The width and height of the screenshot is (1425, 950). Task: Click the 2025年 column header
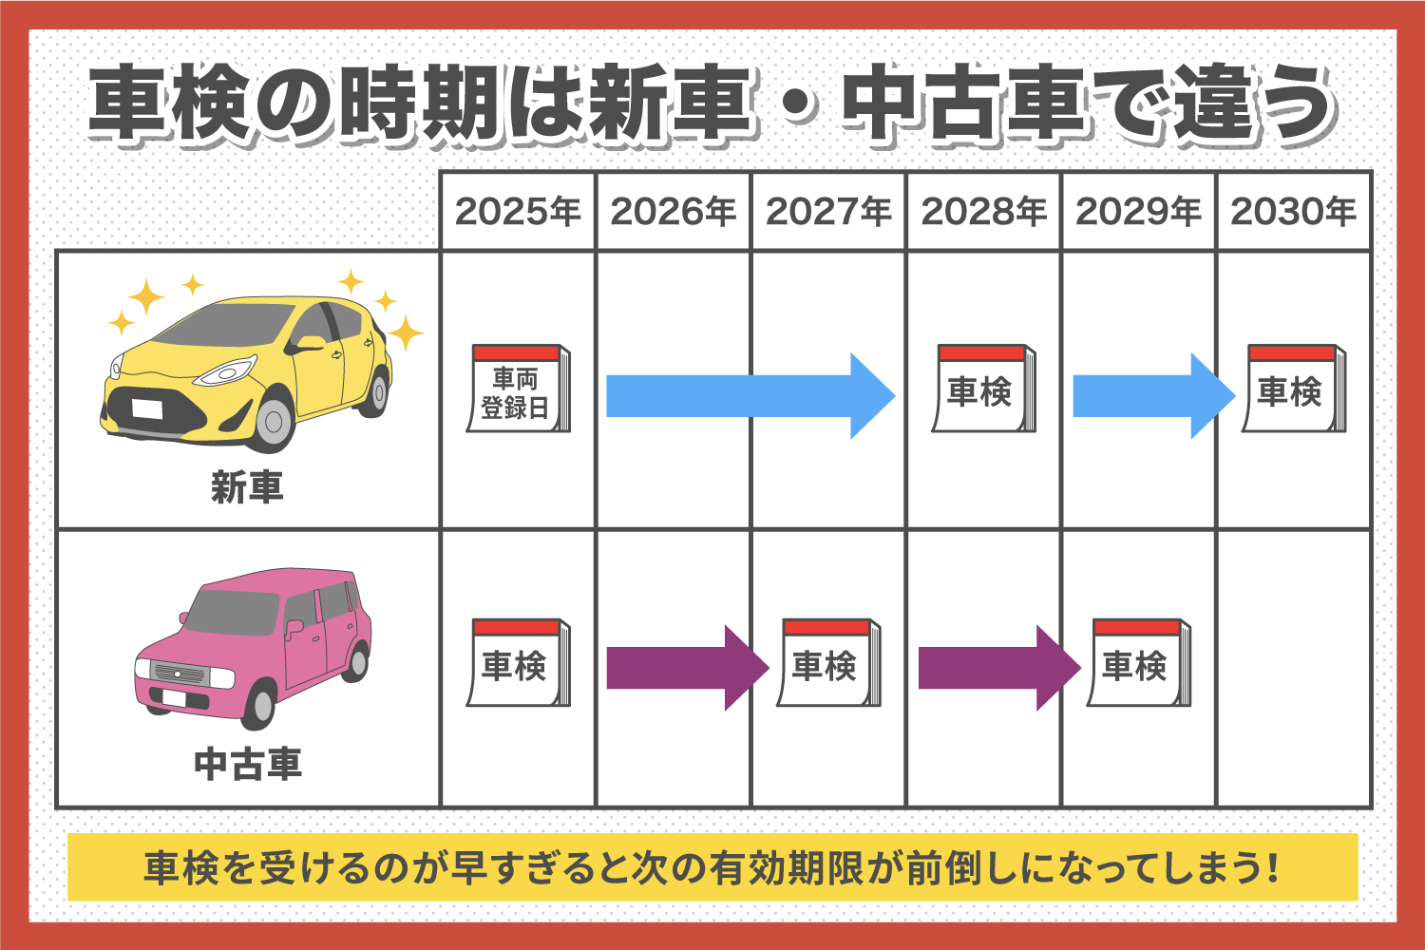[518, 211]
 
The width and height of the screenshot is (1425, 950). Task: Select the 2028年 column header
[983, 211]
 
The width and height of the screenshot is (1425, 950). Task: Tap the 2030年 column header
[1293, 211]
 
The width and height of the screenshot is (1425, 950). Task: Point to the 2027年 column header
[828, 211]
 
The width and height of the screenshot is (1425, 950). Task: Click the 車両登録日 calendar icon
[518, 389]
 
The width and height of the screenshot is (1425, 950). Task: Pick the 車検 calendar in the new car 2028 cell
[982, 389]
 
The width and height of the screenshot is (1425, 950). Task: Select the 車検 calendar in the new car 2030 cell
[1293, 389]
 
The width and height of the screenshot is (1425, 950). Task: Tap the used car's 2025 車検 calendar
[518, 663]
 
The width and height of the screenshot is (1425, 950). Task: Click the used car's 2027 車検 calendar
[828, 663]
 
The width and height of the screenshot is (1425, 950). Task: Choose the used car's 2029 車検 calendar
[1138, 663]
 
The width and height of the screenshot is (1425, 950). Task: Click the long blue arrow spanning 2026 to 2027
[750, 395]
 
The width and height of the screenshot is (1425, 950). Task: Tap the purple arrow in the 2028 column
[997, 667]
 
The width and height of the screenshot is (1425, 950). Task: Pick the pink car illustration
[252, 646]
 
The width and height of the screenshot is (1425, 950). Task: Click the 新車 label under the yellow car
[247, 488]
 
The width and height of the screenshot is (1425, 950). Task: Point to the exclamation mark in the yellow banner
[1272, 867]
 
